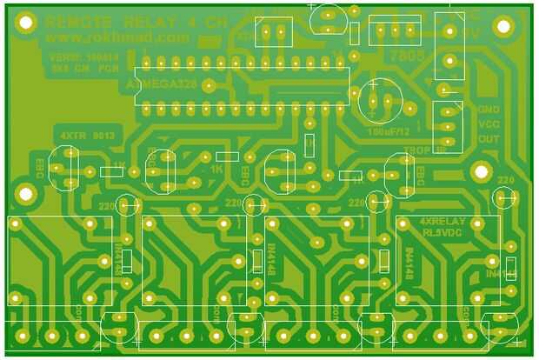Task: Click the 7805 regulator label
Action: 408,55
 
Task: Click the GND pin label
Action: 489,110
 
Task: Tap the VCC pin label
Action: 489,124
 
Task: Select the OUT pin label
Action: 489,139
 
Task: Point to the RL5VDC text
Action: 442,233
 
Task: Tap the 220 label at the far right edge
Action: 506,180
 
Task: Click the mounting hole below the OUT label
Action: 476,171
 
